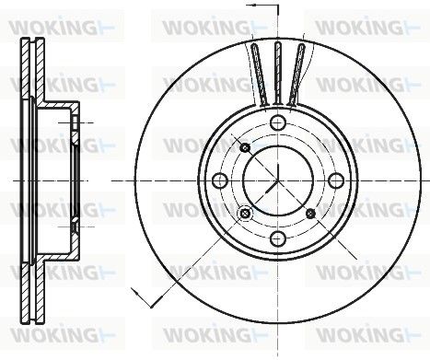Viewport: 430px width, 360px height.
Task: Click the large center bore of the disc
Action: [x=278, y=180]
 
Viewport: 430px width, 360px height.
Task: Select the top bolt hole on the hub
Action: [x=278, y=123]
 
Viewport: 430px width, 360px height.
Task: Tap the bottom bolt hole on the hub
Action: [x=278, y=238]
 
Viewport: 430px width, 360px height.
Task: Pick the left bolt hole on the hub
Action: [x=220, y=180]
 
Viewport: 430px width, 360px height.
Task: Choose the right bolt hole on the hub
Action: [x=336, y=180]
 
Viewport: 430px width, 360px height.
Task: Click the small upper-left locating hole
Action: [x=245, y=148]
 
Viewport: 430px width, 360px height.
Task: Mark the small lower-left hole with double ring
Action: [x=245, y=213]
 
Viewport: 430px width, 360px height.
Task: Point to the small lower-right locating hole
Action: [x=311, y=213]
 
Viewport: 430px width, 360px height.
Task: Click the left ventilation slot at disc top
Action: [x=260, y=75]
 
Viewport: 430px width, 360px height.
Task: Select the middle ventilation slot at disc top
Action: [x=278, y=74]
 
